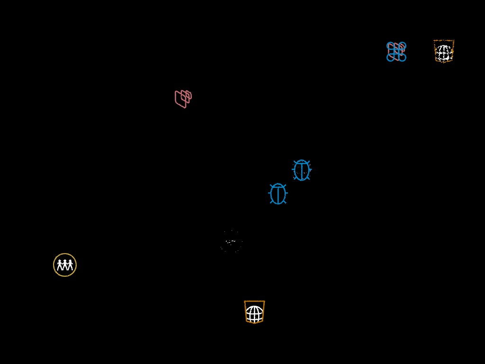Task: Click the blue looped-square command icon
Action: (x=396, y=52)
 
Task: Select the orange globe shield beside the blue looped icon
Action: (x=444, y=51)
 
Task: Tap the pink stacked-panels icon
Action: (x=183, y=99)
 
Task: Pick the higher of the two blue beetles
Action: (x=302, y=170)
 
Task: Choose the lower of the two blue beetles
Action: (x=278, y=194)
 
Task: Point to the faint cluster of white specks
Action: (x=231, y=242)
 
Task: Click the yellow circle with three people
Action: (x=65, y=265)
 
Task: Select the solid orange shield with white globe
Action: (x=254, y=312)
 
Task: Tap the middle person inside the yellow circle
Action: (x=65, y=265)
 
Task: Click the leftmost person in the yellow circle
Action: (x=60, y=265)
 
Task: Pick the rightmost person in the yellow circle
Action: (x=70, y=265)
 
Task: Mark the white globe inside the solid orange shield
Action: (x=254, y=313)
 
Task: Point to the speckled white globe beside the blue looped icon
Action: (x=444, y=53)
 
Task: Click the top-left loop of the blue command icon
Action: (x=390, y=45)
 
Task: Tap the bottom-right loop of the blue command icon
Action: (x=403, y=58)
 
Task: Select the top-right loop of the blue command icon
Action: (x=403, y=45)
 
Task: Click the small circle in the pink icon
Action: (x=188, y=95)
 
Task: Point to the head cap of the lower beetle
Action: (x=278, y=186)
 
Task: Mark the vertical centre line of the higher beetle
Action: (x=302, y=172)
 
